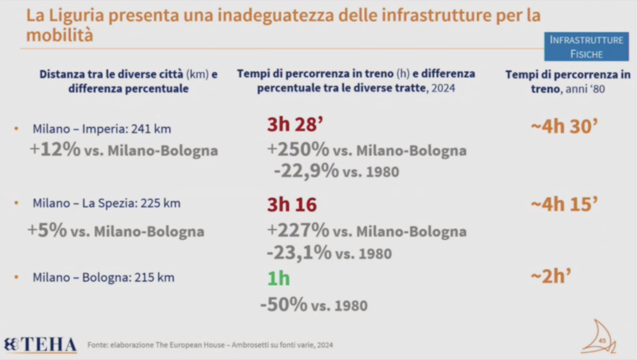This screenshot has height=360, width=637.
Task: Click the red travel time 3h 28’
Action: [x=294, y=125]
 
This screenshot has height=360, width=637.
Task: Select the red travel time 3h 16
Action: [x=292, y=205]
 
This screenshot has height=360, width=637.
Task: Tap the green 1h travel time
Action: [x=279, y=278]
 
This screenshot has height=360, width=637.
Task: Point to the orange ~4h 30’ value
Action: [x=564, y=127]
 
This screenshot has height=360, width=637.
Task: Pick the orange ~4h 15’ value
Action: [x=564, y=204]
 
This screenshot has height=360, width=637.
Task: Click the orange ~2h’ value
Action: [x=552, y=277]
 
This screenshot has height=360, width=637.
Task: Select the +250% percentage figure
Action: [x=298, y=150]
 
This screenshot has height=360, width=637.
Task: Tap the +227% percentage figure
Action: [x=298, y=231]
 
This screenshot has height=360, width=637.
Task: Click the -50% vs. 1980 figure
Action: [x=284, y=305]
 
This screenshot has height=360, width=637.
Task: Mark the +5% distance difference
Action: [x=47, y=231]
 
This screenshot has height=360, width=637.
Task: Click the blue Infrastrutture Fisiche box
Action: [x=586, y=47]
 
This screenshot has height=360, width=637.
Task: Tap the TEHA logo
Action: [x=40, y=345]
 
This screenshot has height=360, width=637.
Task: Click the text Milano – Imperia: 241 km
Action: [x=101, y=129]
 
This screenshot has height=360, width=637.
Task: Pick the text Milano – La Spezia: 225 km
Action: [x=106, y=204]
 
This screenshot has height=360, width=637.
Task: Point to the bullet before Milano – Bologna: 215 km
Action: [x=17, y=278]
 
